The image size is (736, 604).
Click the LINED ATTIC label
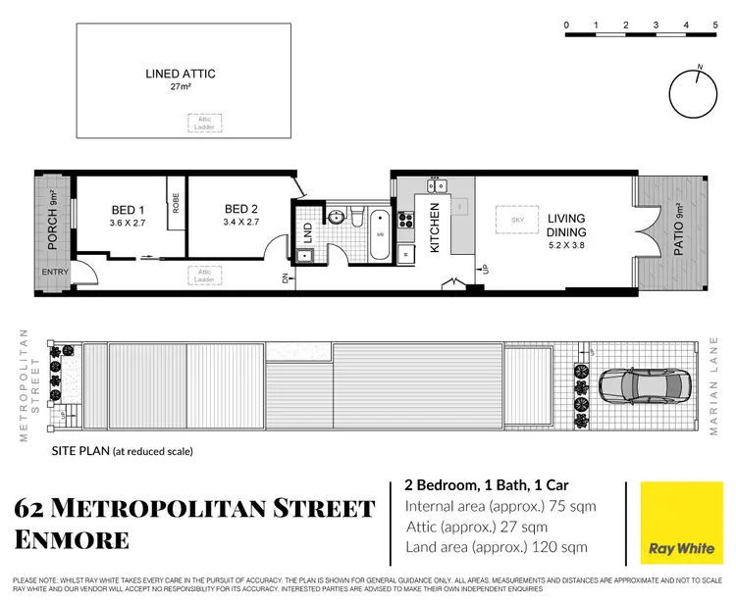click(x=180, y=74)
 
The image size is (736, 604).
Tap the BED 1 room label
click(x=128, y=209)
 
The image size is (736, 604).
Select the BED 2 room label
click(x=240, y=209)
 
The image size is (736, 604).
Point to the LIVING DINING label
click(x=566, y=225)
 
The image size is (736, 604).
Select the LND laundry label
click(x=307, y=232)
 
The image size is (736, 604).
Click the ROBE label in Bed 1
click(x=176, y=204)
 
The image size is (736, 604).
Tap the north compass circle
click(x=695, y=94)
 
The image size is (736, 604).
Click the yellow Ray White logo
click(x=676, y=524)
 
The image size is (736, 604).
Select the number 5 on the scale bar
click(x=714, y=25)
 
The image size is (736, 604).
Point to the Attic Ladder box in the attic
click(x=204, y=123)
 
